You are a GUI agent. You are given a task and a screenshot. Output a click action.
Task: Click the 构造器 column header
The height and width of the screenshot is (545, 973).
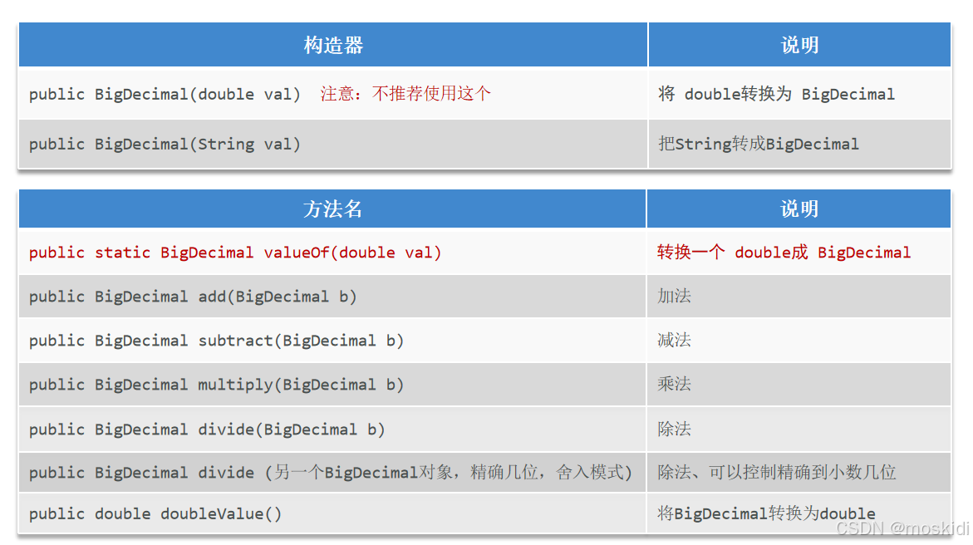click(x=333, y=46)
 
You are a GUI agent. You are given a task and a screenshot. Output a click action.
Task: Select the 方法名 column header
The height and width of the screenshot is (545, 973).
click(x=332, y=209)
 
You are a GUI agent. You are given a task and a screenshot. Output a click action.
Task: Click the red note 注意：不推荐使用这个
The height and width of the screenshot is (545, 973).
click(x=405, y=94)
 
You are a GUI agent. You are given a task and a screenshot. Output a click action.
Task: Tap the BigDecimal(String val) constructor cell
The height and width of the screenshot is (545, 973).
click(x=165, y=145)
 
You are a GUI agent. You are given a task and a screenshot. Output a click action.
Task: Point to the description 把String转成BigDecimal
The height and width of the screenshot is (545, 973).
click(x=758, y=145)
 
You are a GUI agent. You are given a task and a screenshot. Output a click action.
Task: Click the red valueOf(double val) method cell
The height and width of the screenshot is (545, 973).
click(x=235, y=253)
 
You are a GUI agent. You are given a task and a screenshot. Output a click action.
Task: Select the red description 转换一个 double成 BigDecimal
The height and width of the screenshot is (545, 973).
click(x=784, y=253)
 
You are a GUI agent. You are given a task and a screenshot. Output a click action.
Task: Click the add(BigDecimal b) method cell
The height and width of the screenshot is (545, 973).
click(x=193, y=297)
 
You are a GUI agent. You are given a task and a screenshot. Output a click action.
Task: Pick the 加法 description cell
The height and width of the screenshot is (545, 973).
click(x=674, y=297)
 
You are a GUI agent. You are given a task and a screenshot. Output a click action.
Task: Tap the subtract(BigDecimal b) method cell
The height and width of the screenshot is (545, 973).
click(x=216, y=341)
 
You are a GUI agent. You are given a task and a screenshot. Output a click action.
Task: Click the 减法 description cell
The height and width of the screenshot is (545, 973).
click(x=674, y=341)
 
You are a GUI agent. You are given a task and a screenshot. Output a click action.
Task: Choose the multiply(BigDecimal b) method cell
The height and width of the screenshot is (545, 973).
click(x=216, y=385)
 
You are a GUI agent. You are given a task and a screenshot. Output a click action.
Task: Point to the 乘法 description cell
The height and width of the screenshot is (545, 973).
click(x=674, y=385)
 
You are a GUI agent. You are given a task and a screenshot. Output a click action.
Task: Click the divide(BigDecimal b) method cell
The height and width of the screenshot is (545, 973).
click(x=207, y=430)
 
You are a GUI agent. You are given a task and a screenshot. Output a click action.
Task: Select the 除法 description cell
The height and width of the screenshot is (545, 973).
click(x=674, y=430)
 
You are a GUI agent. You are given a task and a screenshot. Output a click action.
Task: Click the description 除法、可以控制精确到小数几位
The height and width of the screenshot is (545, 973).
click(x=776, y=473)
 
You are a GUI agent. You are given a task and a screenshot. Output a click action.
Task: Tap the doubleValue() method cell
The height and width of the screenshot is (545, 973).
click(x=155, y=514)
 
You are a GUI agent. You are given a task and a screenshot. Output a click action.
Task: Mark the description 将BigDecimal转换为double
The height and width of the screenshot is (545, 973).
click(x=766, y=514)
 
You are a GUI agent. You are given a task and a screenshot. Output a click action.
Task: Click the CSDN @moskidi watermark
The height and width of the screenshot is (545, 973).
click(x=902, y=529)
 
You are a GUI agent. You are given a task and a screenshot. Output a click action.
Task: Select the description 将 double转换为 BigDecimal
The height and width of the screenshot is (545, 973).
click(x=776, y=94)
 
